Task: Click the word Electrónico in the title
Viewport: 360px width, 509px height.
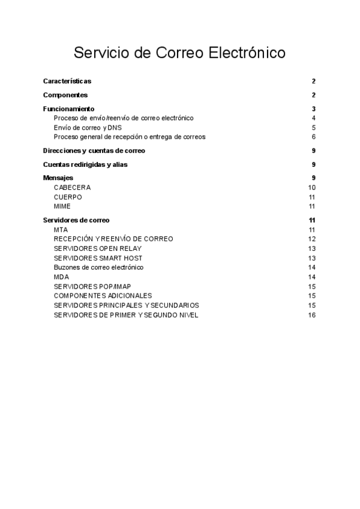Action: click(x=247, y=53)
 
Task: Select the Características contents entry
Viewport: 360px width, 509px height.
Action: click(x=67, y=81)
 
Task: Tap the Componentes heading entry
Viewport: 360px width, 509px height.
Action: click(x=65, y=95)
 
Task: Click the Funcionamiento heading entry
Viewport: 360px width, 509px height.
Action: click(x=69, y=109)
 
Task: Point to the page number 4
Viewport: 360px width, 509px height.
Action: click(x=313, y=118)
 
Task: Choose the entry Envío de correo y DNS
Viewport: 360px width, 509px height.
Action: click(x=88, y=127)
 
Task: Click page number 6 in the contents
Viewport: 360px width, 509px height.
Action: click(x=313, y=137)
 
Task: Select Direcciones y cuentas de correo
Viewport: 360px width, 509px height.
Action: click(x=94, y=151)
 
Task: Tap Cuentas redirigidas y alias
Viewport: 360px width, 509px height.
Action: click(x=85, y=164)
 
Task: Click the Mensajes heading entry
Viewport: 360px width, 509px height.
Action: click(x=58, y=178)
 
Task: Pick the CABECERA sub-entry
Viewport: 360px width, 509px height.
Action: click(x=72, y=187)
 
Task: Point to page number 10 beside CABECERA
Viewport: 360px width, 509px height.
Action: click(x=311, y=187)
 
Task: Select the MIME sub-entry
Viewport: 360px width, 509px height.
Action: click(x=62, y=206)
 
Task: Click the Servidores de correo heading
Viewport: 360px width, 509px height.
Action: click(x=76, y=220)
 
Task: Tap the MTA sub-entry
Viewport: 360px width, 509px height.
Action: click(x=61, y=229)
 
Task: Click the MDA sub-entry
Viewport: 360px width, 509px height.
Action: click(x=61, y=277)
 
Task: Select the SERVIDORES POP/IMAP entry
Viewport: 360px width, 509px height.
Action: click(x=92, y=286)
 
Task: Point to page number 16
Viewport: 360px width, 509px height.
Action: click(x=311, y=315)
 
